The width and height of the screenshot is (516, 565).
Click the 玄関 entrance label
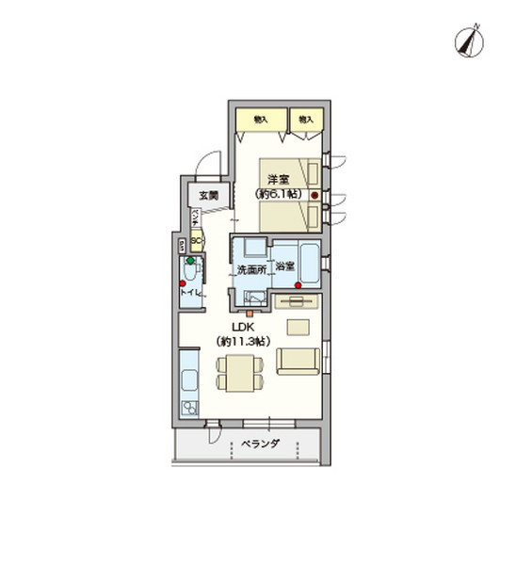tap(207, 196)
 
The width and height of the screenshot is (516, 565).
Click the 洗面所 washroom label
tap(250, 270)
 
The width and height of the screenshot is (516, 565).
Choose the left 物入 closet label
tap(260, 120)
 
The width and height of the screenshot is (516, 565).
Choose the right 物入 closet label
tap(306, 120)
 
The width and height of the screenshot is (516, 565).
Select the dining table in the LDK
tap(238, 375)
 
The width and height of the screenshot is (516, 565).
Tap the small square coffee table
tap(298, 327)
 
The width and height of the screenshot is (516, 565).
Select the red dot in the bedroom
tap(314, 196)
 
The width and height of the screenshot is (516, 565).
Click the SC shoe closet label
tap(195, 240)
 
